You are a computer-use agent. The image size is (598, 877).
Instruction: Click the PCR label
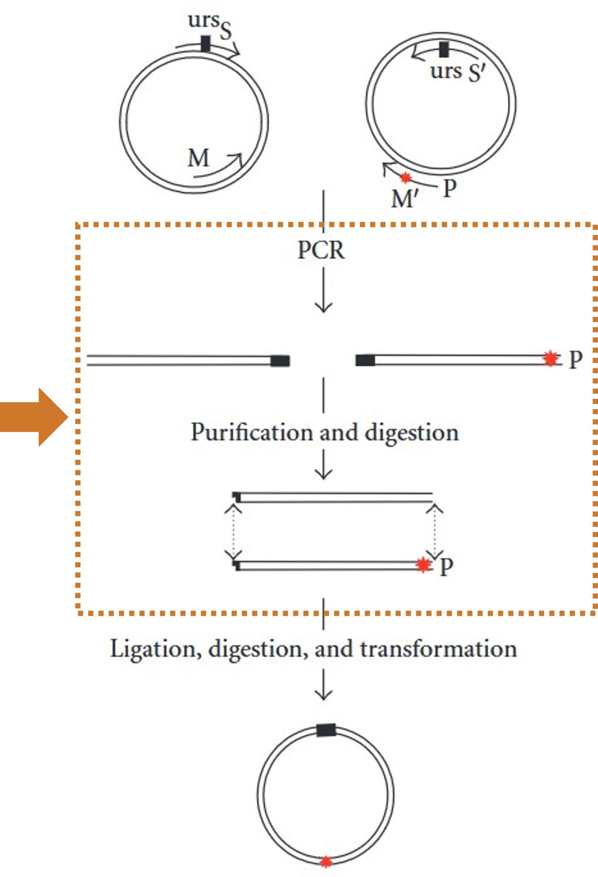[x=321, y=250]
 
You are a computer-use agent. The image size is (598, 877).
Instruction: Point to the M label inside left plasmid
[x=198, y=159]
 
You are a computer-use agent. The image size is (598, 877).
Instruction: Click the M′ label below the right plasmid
[x=404, y=199]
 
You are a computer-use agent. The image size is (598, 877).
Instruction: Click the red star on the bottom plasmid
[x=326, y=861]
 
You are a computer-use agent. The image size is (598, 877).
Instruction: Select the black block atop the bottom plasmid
[x=326, y=730]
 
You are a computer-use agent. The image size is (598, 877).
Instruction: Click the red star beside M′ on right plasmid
[x=405, y=178]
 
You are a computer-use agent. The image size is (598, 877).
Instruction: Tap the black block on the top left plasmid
[x=205, y=43]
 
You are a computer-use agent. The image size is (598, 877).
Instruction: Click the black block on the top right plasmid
[x=444, y=49]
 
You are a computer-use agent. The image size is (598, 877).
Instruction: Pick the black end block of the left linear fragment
[x=280, y=361]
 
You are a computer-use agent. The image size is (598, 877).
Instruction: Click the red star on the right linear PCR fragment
[x=551, y=359]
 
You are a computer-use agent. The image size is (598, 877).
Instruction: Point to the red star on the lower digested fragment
[x=423, y=565]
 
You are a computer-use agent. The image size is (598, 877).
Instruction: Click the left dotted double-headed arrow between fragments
[x=233, y=533]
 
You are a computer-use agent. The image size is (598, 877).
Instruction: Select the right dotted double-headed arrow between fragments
[x=434, y=533]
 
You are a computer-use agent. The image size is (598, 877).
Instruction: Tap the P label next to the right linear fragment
[x=575, y=359]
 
